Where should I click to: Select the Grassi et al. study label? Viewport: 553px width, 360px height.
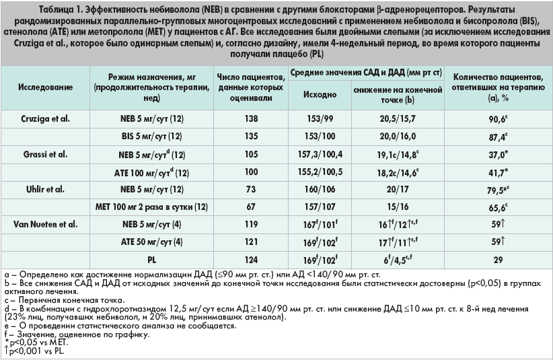pyautogui.click(x=43, y=154)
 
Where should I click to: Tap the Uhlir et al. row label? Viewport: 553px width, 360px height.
pyautogui.click(x=42, y=190)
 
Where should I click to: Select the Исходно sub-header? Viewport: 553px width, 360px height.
pyautogui.click(x=319, y=95)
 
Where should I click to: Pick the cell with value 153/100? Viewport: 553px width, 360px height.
pyautogui.click(x=319, y=136)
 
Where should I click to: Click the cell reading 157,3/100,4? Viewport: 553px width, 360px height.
pyautogui.click(x=319, y=154)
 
